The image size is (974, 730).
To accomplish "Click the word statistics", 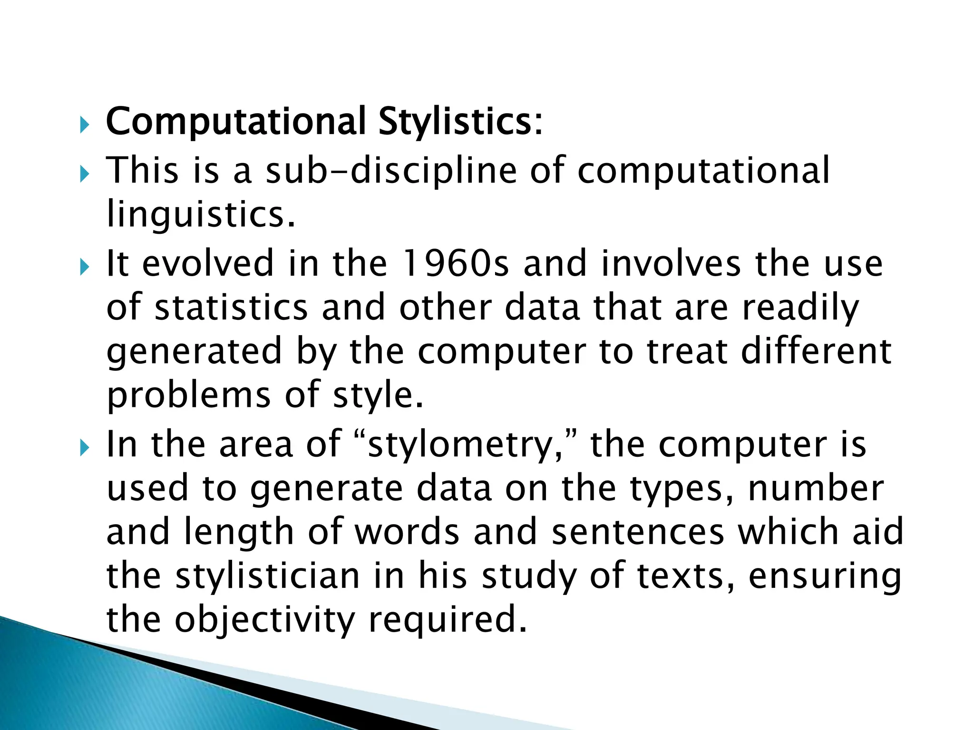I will [x=232, y=307].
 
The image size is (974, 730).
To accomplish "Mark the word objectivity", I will [x=264, y=620].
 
